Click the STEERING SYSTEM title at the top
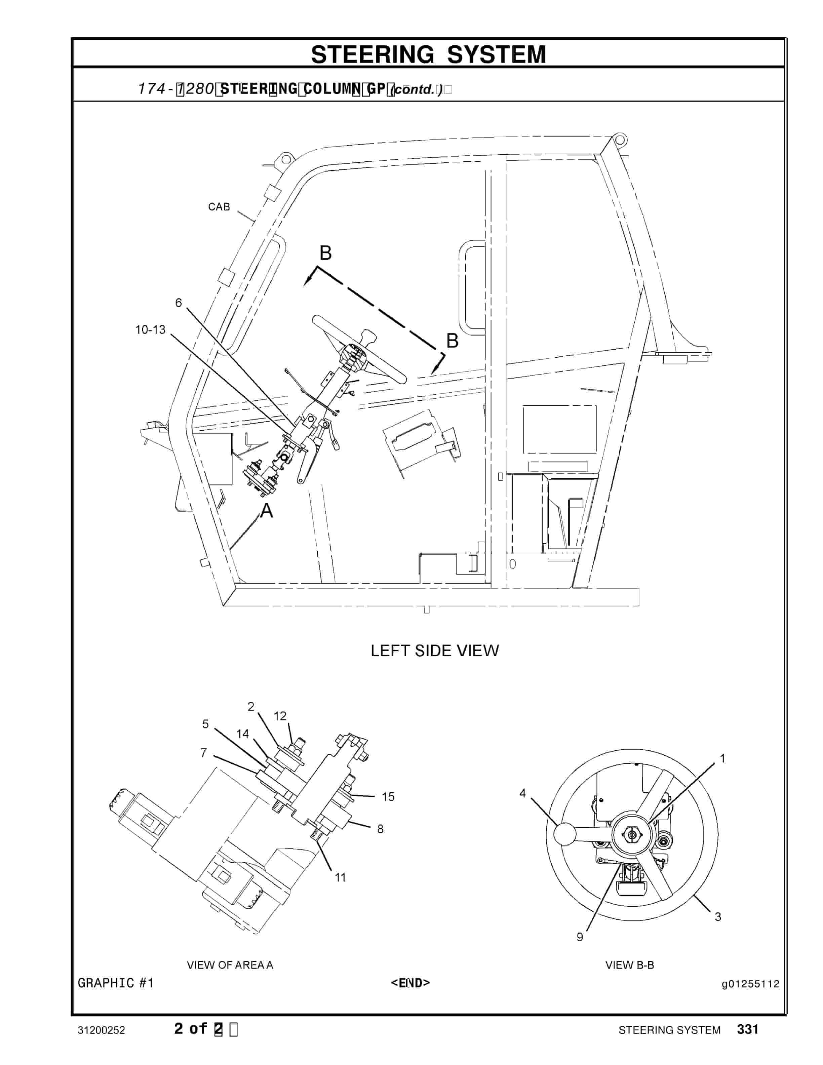click(x=428, y=54)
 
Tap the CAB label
click(x=219, y=207)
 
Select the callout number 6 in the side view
click(x=179, y=303)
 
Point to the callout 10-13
click(x=150, y=330)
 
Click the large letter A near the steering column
click(x=267, y=511)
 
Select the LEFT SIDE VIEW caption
click(x=434, y=650)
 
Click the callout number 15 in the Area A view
click(x=388, y=797)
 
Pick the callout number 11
click(x=340, y=878)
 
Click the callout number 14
click(x=243, y=734)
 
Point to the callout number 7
click(x=204, y=753)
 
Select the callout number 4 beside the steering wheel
click(x=523, y=793)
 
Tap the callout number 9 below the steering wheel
click(x=580, y=937)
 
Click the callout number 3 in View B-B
click(x=718, y=917)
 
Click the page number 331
click(x=747, y=1029)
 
